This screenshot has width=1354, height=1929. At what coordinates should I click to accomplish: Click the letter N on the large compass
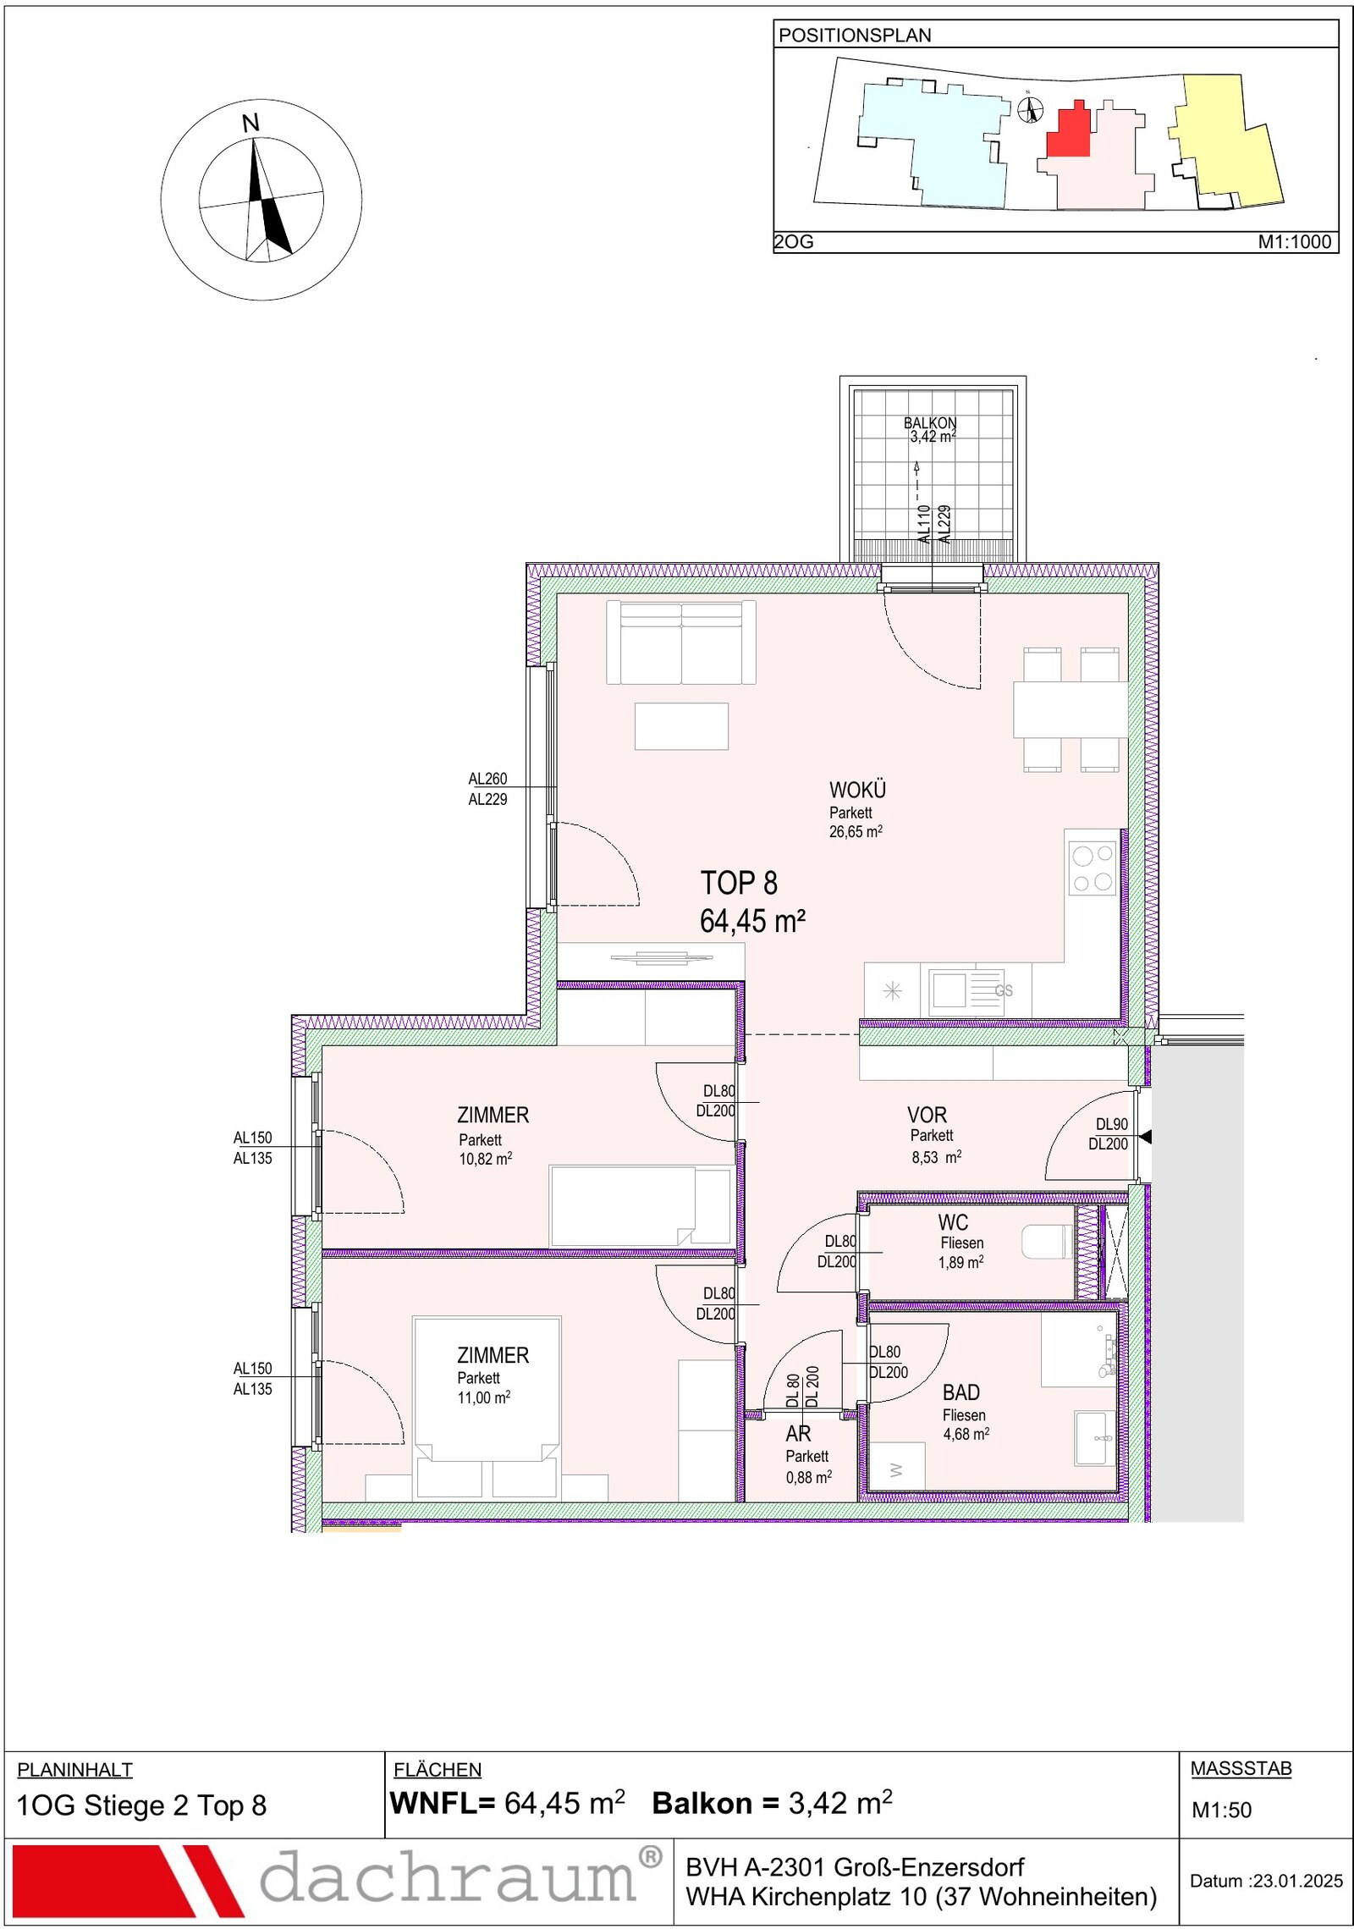click(x=250, y=124)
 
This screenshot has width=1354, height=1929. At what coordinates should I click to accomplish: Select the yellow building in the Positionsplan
click(x=1226, y=140)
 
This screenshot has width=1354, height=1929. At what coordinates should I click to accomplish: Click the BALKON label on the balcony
click(x=930, y=423)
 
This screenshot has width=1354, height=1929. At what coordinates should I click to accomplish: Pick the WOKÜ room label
click(x=857, y=791)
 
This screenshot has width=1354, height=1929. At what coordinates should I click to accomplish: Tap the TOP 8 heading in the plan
click(x=739, y=883)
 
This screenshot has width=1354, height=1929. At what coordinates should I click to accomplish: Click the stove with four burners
click(x=1093, y=868)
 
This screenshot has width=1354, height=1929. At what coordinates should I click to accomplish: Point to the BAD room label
click(x=961, y=1392)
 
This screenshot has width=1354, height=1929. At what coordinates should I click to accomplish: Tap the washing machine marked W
click(x=897, y=1471)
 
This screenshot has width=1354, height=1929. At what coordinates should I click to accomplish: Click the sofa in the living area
click(x=681, y=642)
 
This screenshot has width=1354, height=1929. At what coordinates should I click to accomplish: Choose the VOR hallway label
click(x=927, y=1116)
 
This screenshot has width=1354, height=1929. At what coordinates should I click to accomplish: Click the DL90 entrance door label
click(x=1112, y=1125)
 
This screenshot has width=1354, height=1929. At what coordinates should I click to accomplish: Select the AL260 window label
click(x=487, y=779)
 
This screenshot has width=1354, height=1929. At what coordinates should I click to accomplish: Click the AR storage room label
click(x=798, y=1434)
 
